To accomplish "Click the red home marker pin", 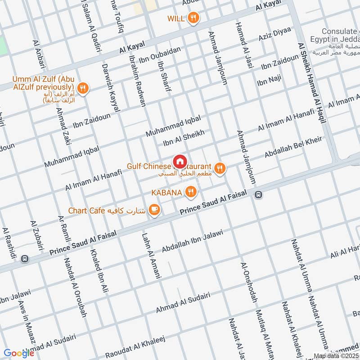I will [180, 161].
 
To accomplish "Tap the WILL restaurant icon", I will [193, 18].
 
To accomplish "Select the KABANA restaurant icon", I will [191, 192].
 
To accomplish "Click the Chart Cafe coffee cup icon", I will [154, 210].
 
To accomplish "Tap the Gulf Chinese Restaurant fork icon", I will [219, 169].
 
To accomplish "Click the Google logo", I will [19, 353].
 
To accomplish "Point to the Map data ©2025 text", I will [336, 356].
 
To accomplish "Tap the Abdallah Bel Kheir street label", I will [293, 147].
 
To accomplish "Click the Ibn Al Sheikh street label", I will [184, 138].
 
